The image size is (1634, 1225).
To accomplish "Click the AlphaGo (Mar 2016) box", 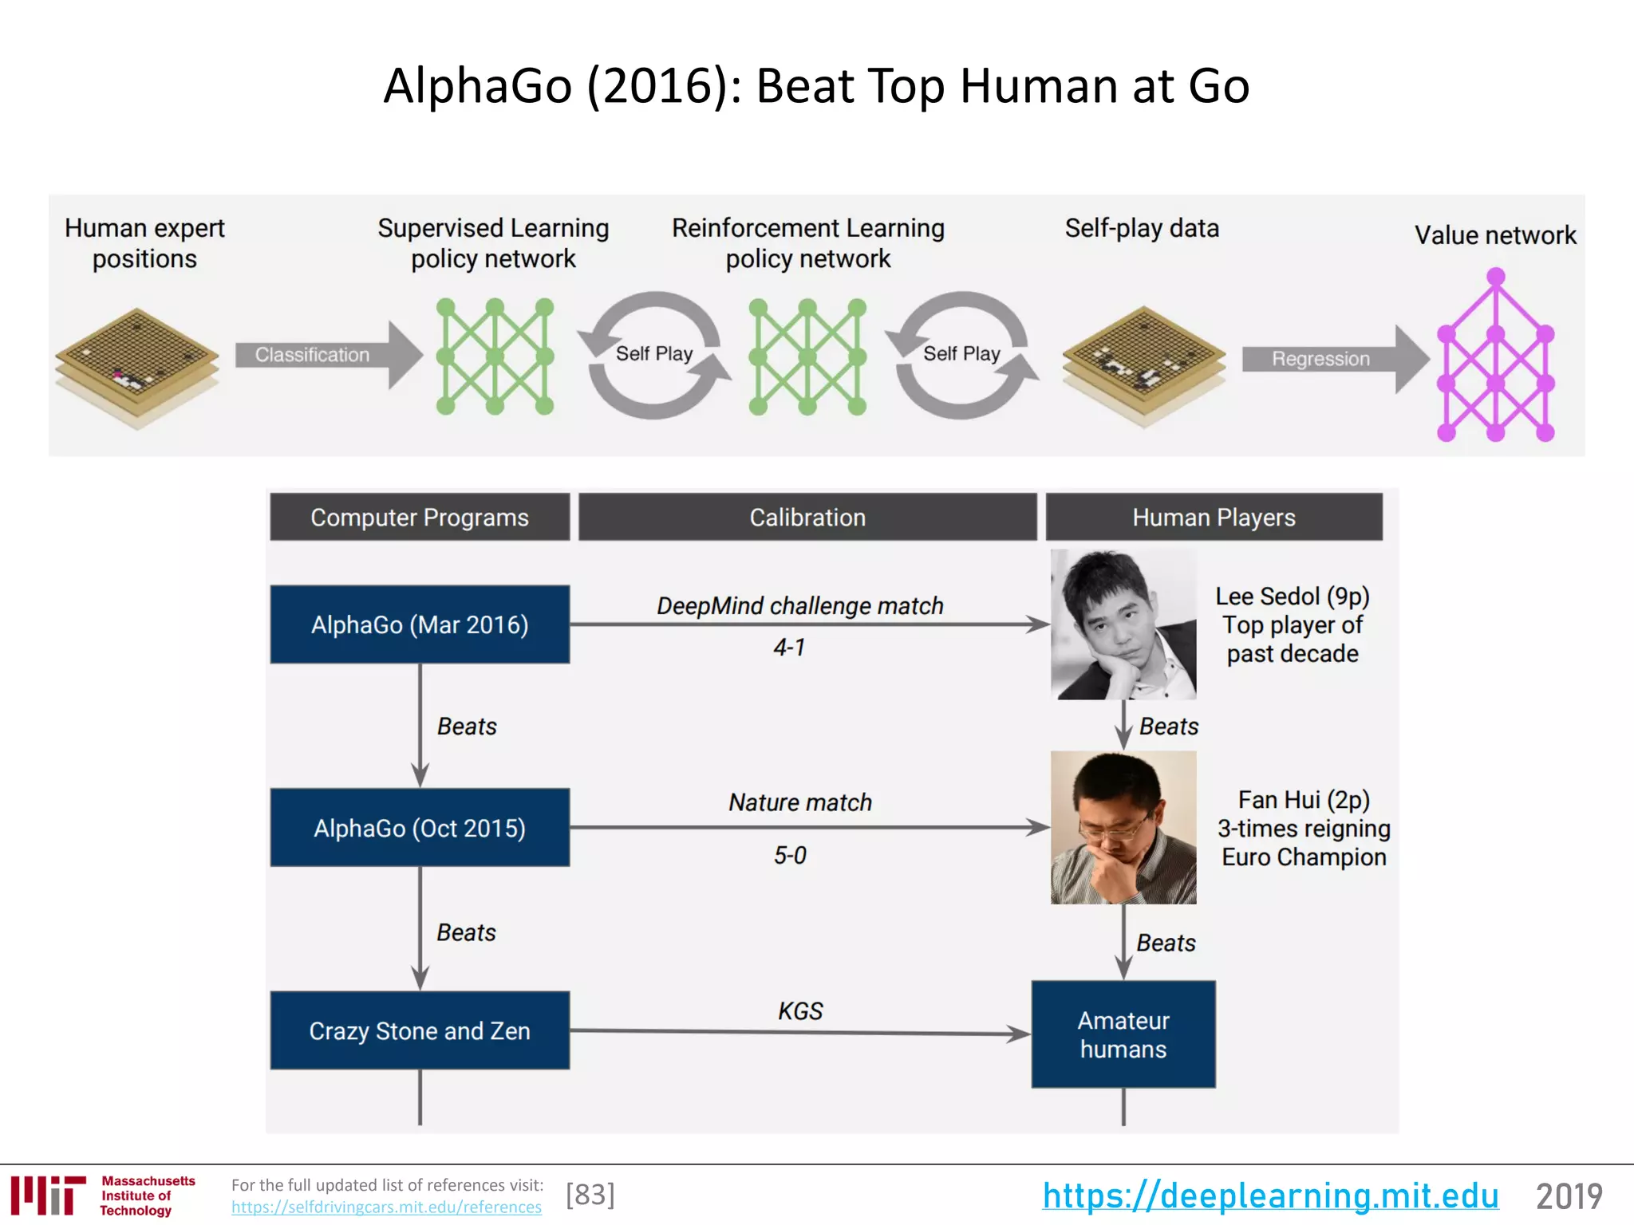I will (x=420, y=624).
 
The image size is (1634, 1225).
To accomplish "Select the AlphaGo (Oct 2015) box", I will (x=420, y=828).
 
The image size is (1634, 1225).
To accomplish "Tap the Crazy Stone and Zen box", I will (x=420, y=1030).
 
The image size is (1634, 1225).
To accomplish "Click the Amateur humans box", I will (x=1123, y=1034).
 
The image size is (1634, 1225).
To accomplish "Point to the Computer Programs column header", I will (x=420, y=517).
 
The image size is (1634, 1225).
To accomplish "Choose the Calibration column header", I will (x=807, y=517).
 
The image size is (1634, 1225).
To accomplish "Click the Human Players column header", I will (x=1214, y=517).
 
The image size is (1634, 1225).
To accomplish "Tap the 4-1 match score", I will (x=789, y=647).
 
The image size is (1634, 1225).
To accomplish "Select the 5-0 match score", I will (x=790, y=855).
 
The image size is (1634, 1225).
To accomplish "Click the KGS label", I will (x=800, y=1010).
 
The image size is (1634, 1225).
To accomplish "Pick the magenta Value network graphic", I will (x=1495, y=359).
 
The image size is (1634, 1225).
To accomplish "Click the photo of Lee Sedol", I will (x=1123, y=624).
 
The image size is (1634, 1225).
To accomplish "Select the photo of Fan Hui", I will (x=1123, y=828).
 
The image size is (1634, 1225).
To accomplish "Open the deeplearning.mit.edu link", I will (x=1270, y=1195).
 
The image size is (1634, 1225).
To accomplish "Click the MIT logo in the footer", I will (x=48, y=1195).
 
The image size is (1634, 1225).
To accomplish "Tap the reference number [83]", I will (x=590, y=1195).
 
